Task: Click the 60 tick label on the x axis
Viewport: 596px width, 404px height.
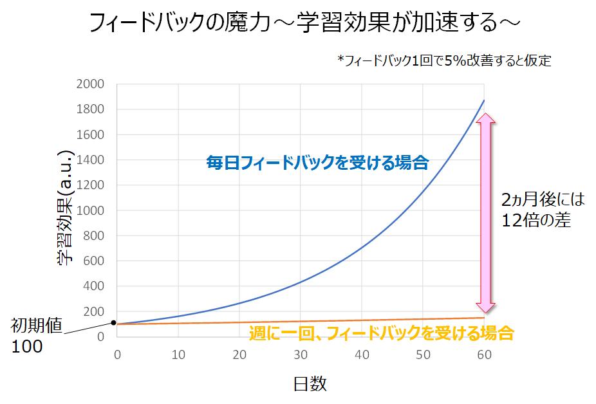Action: (x=484, y=354)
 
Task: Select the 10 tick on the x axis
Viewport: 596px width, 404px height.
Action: (x=178, y=354)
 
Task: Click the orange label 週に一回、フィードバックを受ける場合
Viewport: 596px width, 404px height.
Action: (x=381, y=333)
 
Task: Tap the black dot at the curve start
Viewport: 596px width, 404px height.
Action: (x=114, y=323)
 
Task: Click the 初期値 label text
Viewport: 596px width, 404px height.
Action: (x=36, y=327)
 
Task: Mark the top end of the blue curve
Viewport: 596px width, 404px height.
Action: (x=484, y=100)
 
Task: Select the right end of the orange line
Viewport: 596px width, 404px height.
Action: (x=484, y=318)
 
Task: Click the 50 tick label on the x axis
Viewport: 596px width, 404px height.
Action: (x=423, y=354)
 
